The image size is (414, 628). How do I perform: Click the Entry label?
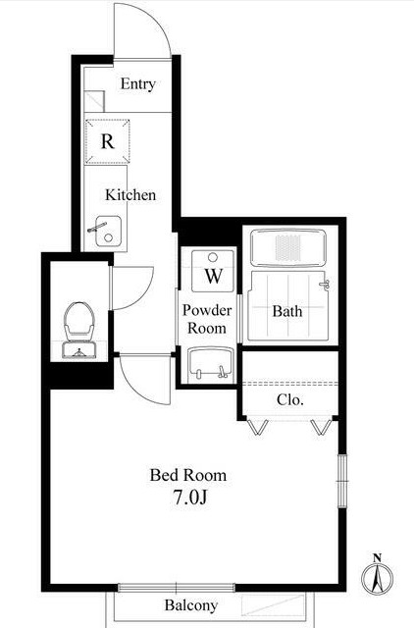tap(137, 84)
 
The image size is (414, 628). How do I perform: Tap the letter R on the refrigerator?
tap(107, 141)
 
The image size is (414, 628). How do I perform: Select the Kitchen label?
tap(130, 195)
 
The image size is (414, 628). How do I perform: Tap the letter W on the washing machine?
tap(214, 276)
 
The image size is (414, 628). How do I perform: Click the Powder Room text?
tap(207, 319)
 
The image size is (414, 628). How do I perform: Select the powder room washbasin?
tap(211, 363)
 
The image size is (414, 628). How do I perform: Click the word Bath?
tap(287, 311)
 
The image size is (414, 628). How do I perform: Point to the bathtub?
tap(287, 247)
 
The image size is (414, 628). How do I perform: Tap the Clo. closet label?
tap(290, 399)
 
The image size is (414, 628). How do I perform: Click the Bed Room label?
tap(188, 475)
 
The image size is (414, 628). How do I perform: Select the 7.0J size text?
tap(190, 497)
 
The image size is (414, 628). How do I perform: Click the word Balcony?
tap(191, 605)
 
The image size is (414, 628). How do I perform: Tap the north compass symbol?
tap(377, 578)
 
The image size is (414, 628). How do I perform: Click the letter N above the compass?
tap(377, 557)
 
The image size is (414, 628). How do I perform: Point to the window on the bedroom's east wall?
tap(342, 481)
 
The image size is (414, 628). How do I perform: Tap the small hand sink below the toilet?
tap(78, 350)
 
